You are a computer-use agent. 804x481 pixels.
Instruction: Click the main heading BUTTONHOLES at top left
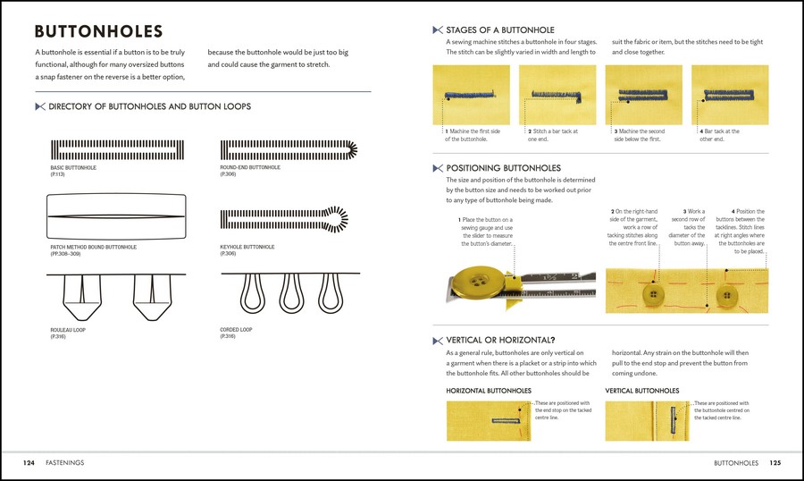98,32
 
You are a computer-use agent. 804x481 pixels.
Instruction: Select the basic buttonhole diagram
116,149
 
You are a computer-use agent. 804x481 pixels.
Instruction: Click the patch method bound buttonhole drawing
116,216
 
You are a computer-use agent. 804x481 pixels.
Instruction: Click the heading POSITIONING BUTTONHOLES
503,168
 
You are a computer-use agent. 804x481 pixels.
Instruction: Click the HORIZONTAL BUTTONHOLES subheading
488,391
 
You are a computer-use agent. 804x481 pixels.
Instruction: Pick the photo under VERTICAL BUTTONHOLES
647,420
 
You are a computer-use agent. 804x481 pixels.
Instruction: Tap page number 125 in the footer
775,463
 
